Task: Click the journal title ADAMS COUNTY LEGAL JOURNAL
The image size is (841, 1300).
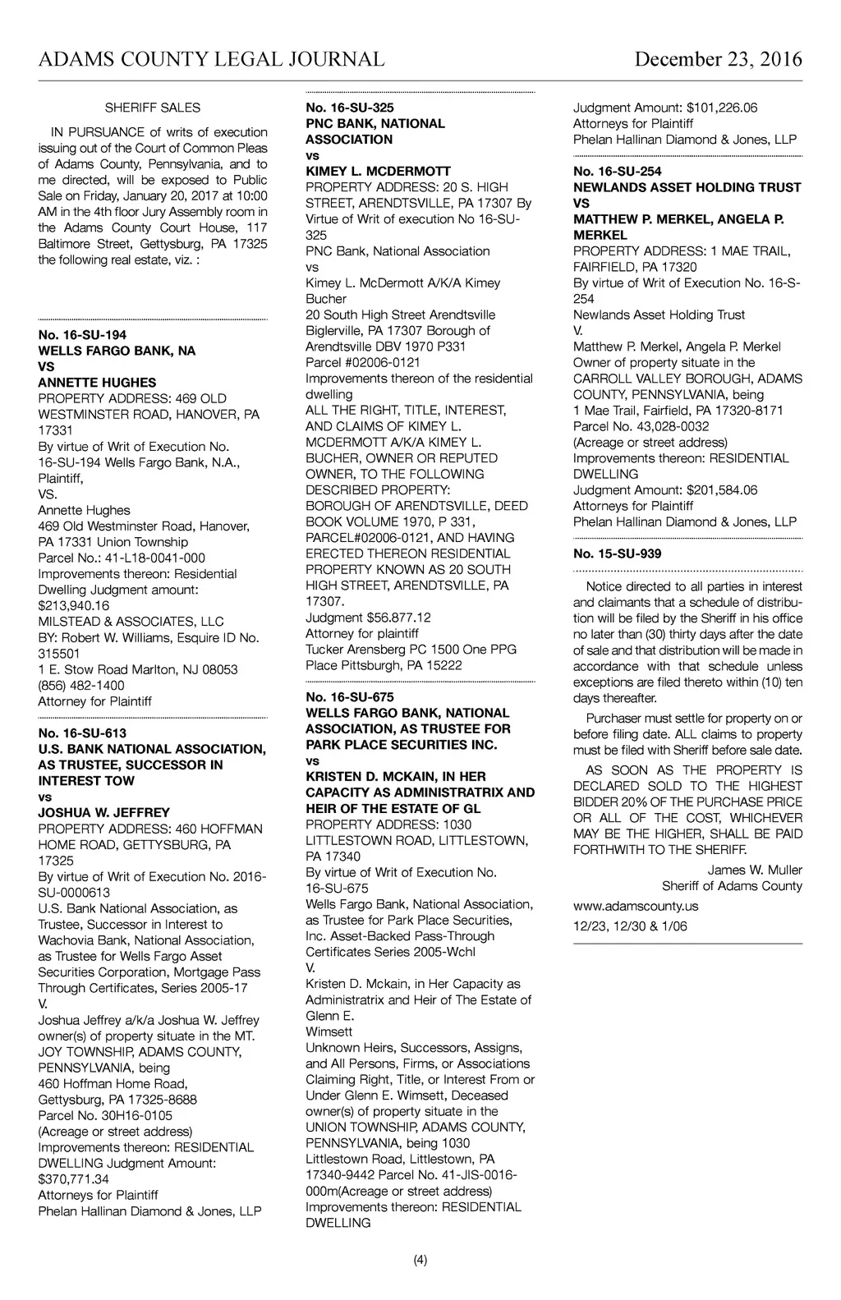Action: [x=211, y=59]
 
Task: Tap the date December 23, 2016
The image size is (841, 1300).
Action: [x=718, y=59]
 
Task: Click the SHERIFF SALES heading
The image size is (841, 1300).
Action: [x=153, y=108]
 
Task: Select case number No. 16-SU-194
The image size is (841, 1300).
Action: [x=82, y=335]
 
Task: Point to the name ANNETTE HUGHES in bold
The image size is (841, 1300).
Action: [x=97, y=383]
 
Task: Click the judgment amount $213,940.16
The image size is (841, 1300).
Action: [x=73, y=605]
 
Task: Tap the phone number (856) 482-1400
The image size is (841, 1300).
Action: [x=81, y=685]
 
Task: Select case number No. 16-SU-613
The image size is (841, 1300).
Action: [x=82, y=733]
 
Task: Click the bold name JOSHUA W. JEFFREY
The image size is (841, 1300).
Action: [x=104, y=813]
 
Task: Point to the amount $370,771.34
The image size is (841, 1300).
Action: [x=73, y=1179]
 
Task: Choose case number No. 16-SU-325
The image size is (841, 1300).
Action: [x=349, y=108]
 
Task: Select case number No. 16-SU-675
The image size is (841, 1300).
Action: [x=349, y=697]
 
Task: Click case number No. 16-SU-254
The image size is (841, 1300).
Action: [x=617, y=172]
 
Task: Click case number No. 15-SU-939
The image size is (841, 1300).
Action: [x=617, y=554]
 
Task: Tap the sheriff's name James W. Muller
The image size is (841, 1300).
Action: [x=755, y=870]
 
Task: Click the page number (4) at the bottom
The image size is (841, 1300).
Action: [x=420, y=1261]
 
